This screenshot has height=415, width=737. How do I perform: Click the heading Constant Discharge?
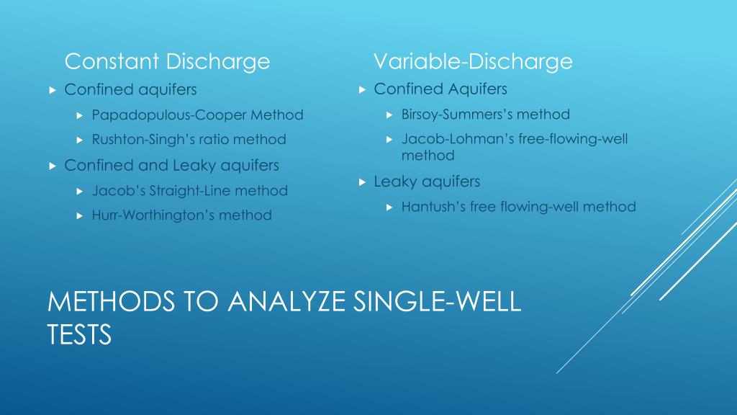click(x=167, y=62)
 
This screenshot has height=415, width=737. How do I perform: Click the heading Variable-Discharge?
click(x=473, y=62)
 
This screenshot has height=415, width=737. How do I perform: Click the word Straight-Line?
click(x=192, y=191)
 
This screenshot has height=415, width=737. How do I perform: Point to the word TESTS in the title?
click(x=79, y=334)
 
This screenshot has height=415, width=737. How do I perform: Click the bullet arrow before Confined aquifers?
click(x=52, y=90)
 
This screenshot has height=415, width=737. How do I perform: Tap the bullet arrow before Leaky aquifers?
click(x=362, y=182)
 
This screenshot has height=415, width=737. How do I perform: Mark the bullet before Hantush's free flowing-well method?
click(x=389, y=207)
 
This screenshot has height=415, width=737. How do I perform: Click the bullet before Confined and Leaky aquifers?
click(x=52, y=166)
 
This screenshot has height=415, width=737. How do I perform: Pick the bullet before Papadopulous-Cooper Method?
click(x=80, y=115)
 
